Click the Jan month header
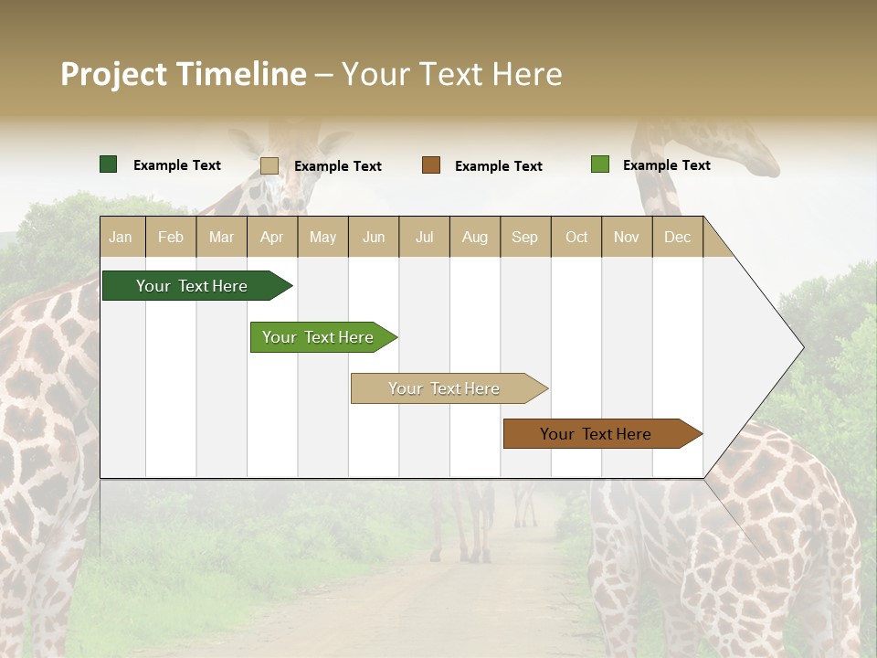point(121,238)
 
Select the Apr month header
point(271,238)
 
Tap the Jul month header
point(424,238)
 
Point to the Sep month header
point(524,238)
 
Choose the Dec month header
point(677,238)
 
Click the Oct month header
point(576,238)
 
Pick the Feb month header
point(171,238)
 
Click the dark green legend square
point(108,164)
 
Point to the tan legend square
point(269,165)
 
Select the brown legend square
point(431,165)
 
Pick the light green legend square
point(599,164)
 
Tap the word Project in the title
point(114,74)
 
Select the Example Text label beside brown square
point(498,166)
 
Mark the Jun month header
point(374,238)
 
